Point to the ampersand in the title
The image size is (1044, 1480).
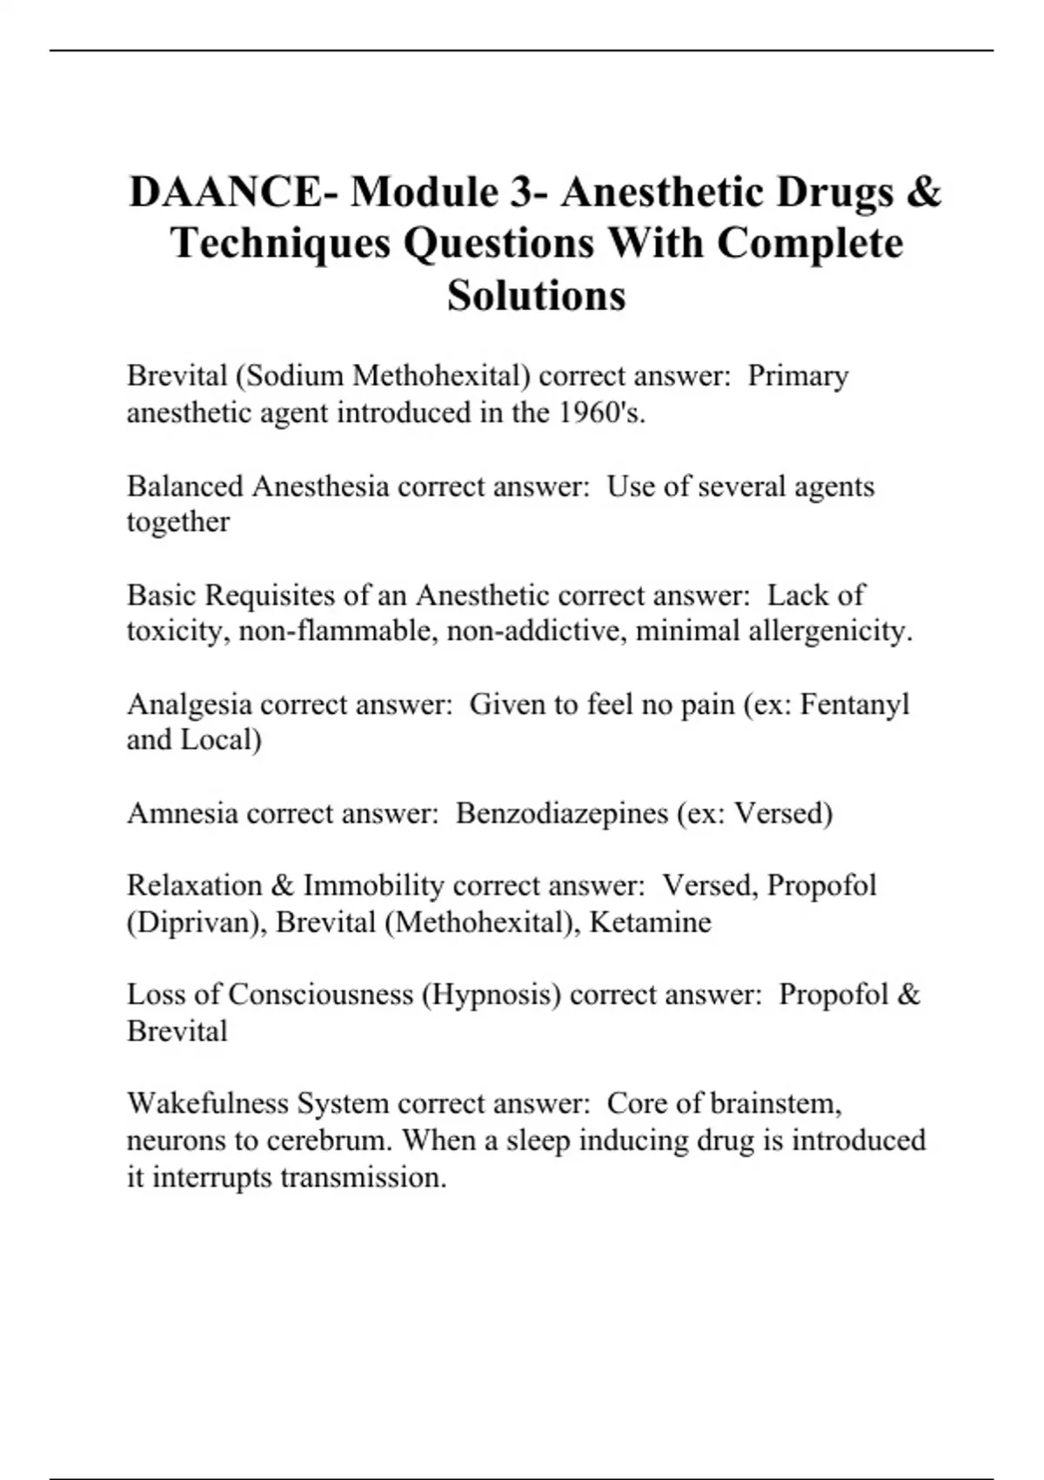[x=923, y=192]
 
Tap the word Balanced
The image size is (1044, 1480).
[x=185, y=486]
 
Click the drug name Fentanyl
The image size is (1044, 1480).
[x=853, y=703]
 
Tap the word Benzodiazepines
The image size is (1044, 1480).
[x=562, y=813]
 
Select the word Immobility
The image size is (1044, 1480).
[x=373, y=885]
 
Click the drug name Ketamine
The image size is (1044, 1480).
[x=650, y=922]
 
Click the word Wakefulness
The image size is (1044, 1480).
[x=208, y=1104]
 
